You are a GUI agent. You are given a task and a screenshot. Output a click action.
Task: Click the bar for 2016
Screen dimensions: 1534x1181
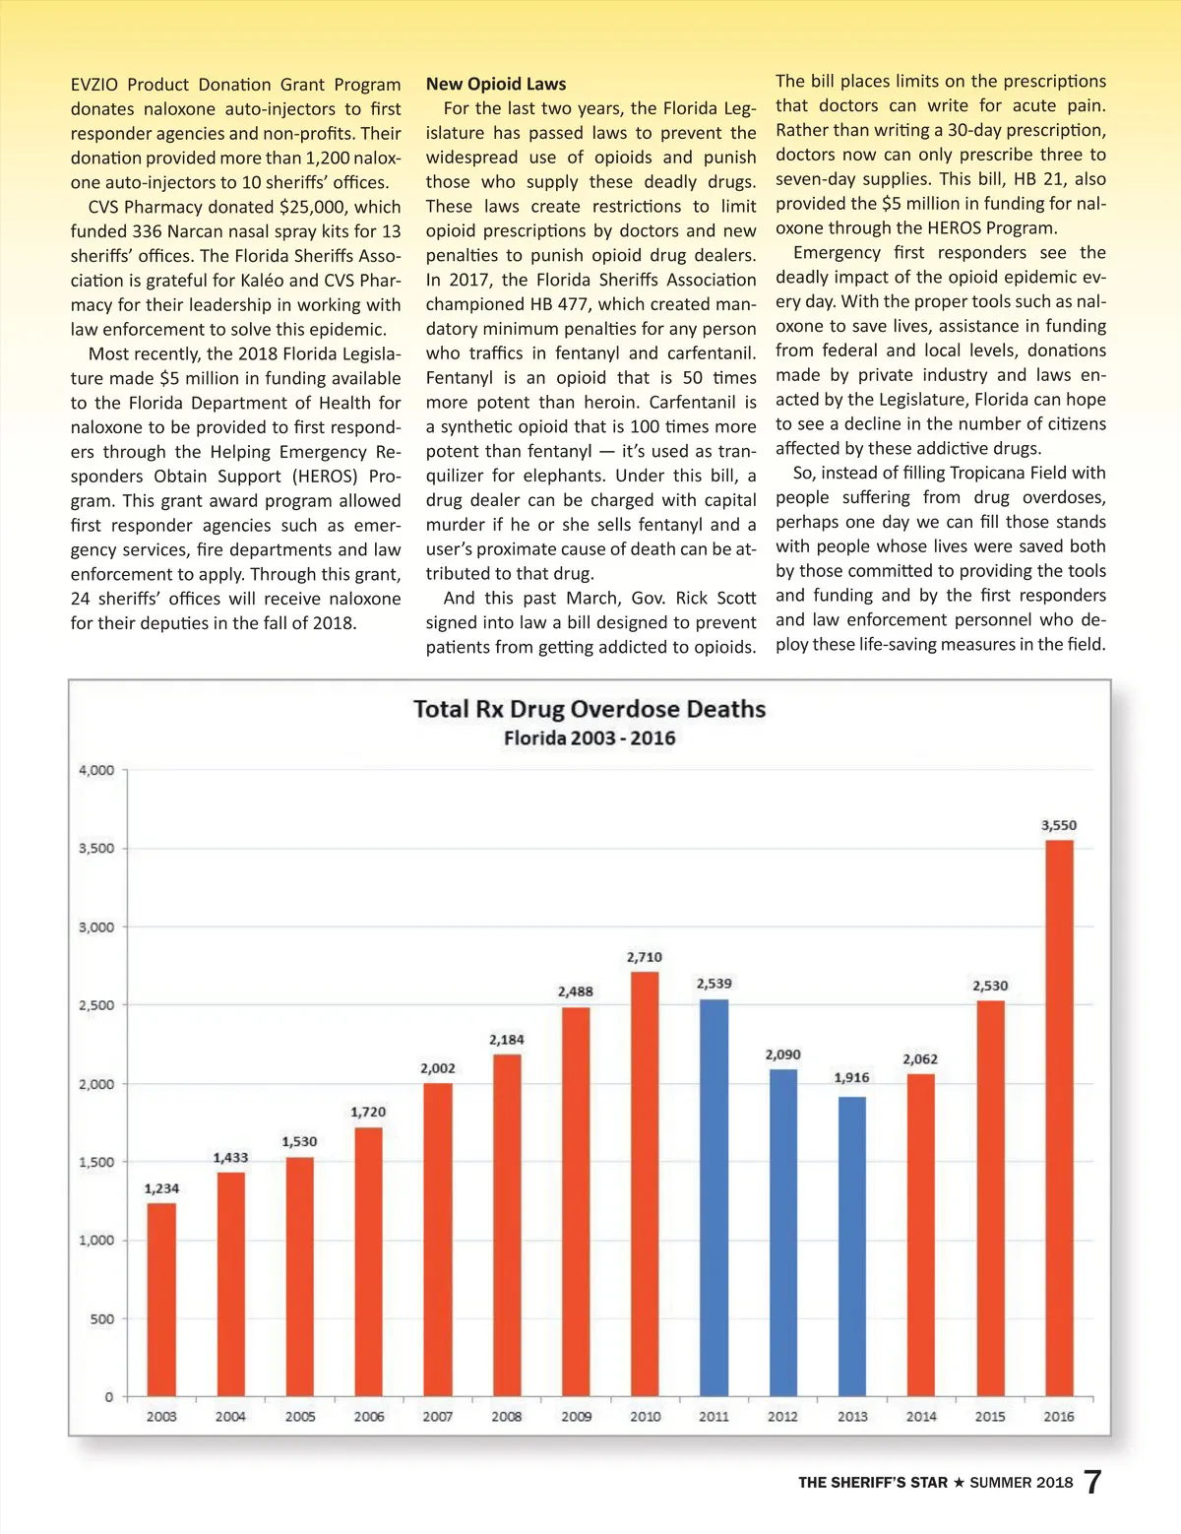click(1059, 1118)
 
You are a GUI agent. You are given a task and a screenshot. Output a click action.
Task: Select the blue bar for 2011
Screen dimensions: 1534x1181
click(715, 1197)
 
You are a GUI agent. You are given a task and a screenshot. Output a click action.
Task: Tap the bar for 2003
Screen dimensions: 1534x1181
click(161, 1300)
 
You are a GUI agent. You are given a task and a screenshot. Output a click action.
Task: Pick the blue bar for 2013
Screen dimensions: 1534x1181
click(852, 1246)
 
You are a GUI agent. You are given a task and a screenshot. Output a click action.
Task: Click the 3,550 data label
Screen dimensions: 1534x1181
click(1059, 825)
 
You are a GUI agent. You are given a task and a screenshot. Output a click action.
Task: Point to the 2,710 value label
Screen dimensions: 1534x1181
click(645, 957)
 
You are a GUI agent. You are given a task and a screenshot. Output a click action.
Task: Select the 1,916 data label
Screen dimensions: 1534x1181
click(852, 1077)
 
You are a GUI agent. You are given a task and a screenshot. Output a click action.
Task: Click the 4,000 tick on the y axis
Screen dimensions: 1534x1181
click(96, 770)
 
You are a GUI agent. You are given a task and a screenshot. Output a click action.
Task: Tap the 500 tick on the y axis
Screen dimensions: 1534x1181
click(102, 1318)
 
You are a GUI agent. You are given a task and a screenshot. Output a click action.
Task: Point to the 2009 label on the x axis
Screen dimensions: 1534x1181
click(577, 1416)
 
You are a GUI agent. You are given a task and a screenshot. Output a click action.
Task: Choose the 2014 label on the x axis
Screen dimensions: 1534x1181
click(921, 1416)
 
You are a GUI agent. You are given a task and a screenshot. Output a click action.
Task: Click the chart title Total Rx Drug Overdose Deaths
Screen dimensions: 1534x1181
click(590, 709)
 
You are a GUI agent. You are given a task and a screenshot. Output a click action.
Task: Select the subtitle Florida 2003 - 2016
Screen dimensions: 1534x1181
click(590, 738)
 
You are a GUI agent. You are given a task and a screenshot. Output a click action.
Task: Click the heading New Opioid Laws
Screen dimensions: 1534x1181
click(496, 85)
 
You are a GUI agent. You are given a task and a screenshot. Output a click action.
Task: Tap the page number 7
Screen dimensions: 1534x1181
click(1092, 1482)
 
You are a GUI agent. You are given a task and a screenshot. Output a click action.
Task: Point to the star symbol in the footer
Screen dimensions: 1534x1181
click(959, 1482)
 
